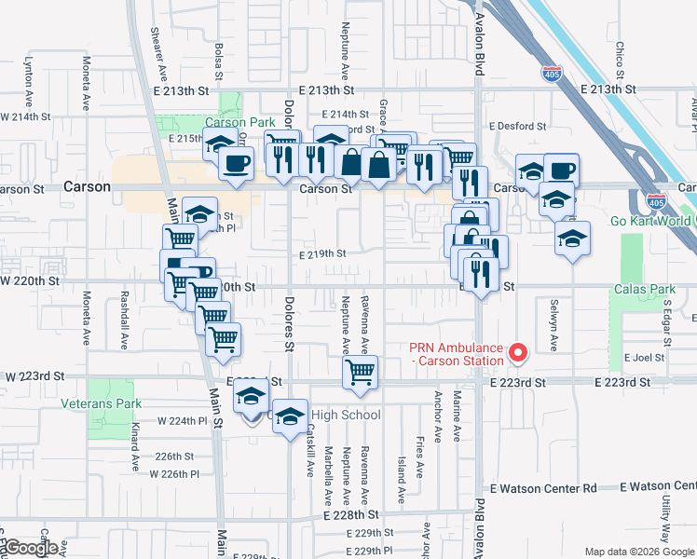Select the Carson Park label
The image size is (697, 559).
tap(239, 122)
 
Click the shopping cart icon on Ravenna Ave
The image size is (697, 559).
tap(360, 373)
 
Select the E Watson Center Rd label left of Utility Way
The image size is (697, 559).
tap(542, 488)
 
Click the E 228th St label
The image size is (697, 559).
tap(351, 514)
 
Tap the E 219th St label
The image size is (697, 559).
tap(322, 253)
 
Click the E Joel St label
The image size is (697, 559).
tap(644, 357)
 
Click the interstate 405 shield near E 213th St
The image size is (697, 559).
tap(553, 74)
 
